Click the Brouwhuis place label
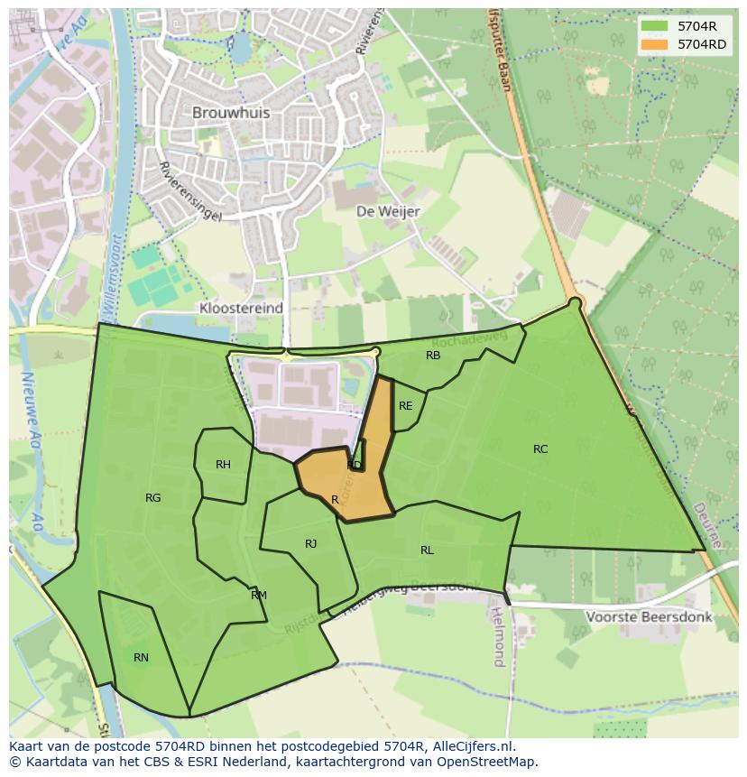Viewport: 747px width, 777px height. coord(231,114)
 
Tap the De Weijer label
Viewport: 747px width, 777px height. coord(388,211)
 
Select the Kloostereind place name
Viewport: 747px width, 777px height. coord(240,308)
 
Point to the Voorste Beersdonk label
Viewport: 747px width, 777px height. coord(648,617)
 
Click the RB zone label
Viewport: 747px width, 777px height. coord(433,356)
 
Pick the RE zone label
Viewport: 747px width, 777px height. coord(405,406)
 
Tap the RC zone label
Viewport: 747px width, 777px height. coord(540,449)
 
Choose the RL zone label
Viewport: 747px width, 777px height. coord(427,550)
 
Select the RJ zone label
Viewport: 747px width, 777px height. coord(310,543)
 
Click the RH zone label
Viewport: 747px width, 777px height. coord(223,465)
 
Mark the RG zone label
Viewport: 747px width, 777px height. coord(153,498)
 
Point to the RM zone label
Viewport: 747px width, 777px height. coord(259,596)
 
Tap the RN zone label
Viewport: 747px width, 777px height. coord(141,658)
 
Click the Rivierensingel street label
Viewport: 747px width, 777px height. coord(189,191)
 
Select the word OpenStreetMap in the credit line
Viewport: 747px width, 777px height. coord(486,762)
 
